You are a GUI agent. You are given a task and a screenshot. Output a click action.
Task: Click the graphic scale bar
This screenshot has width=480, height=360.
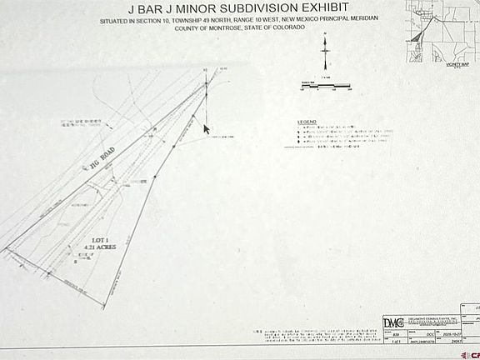[325, 85]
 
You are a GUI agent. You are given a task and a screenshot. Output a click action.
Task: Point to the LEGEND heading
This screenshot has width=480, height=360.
[307, 122]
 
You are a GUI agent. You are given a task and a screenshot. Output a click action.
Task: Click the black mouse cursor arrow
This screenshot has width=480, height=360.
[207, 129]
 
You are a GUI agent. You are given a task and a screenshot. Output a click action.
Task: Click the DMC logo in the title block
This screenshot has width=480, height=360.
[392, 323]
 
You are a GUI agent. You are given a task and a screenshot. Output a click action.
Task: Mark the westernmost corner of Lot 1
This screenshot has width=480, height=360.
[6, 248]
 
